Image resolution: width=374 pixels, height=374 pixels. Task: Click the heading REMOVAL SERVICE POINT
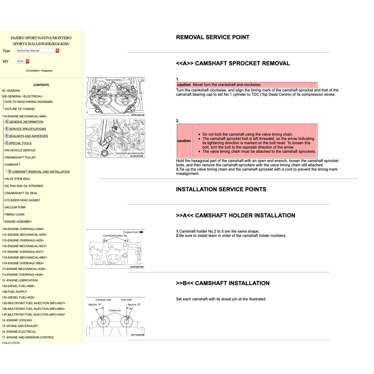pyautogui.click(x=213, y=37)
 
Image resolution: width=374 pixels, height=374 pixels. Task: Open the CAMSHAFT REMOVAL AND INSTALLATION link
pyautogui.click(x=41, y=172)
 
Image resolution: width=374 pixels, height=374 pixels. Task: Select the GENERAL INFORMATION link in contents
pyautogui.click(x=26, y=122)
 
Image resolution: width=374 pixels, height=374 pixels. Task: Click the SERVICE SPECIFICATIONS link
pyautogui.click(x=27, y=129)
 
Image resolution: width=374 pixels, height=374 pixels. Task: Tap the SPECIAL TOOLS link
pyautogui.click(x=20, y=143)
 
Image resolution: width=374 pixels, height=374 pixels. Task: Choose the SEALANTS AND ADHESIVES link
pyautogui.click(x=28, y=136)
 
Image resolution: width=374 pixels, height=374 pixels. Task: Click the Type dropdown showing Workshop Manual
pyautogui.click(x=37, y=51)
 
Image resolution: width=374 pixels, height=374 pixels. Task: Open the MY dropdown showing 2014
pyautogui.click(x=22, y=61)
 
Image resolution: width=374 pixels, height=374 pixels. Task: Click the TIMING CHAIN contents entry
pyautogui.click(x=15, y=215)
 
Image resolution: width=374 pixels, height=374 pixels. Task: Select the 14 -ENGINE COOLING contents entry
pyautogui.click(x=17, y=320)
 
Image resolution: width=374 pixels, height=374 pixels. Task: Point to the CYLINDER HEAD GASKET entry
pyautogui.click(x=22, y=201)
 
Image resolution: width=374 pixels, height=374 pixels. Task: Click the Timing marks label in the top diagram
pyautogui.click(x=113, y=80)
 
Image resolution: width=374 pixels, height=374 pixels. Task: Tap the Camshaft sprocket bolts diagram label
pyautogui.click(x=129, y=153)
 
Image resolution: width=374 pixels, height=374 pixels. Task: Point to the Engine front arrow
pyautogui.click(x=133, y=232)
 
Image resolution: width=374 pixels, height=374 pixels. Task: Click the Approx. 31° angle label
pyautogui.click(x=95, y=304)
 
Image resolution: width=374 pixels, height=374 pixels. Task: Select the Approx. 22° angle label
pyautogui.click(x=134, y=304)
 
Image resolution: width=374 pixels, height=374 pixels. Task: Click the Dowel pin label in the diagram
pyautogui.click(x=115, y=310)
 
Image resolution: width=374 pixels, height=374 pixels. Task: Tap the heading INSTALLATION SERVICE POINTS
pyautogui.click(x=221, y=190)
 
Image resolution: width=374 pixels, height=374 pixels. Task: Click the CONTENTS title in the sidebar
pyautogui.click(x=41, y=85)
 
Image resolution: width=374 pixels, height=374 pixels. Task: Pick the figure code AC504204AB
pyautogui.click(x=137, y=267)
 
